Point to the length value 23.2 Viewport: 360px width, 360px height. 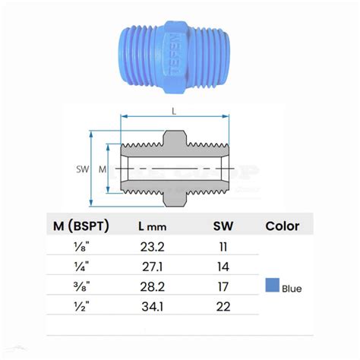click(148, 248)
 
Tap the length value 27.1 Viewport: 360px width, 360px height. click(148, 267)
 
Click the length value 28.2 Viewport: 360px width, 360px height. click(148, 287)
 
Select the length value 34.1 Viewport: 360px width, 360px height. click(148, 307)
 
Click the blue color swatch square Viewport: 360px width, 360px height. click(272, 287)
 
